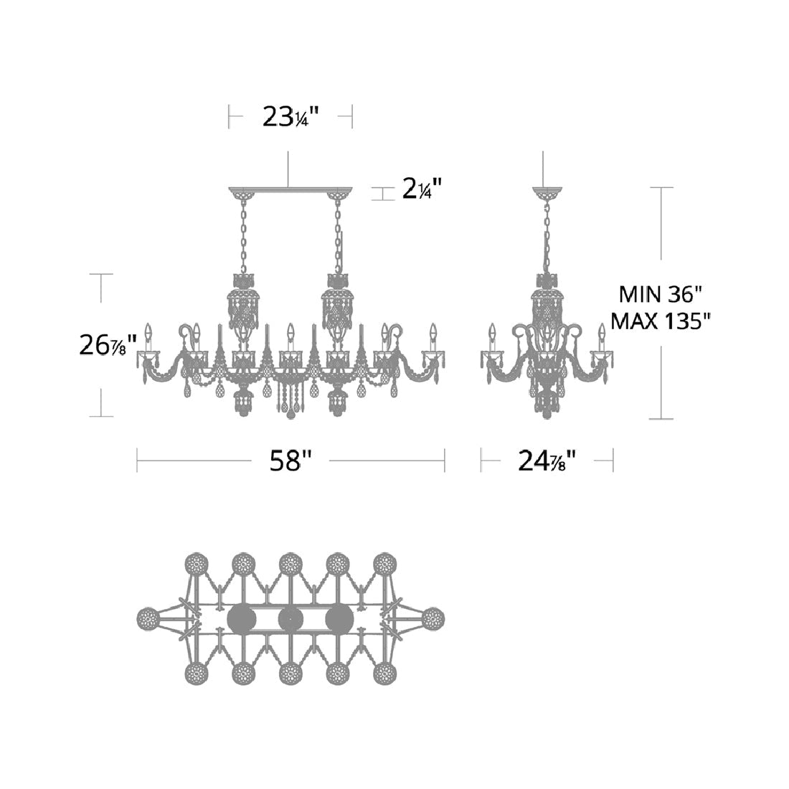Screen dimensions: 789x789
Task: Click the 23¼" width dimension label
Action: click(289, 116)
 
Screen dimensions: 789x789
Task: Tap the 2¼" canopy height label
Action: click(421, 191)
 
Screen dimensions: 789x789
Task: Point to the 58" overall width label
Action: click(291, 460)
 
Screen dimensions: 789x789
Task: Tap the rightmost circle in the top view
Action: click(433, 618)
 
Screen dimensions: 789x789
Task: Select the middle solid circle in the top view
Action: click(290, 618)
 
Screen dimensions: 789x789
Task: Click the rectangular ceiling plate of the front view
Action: click(290, 190)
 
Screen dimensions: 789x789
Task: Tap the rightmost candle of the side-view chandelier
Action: click(602, 334)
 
